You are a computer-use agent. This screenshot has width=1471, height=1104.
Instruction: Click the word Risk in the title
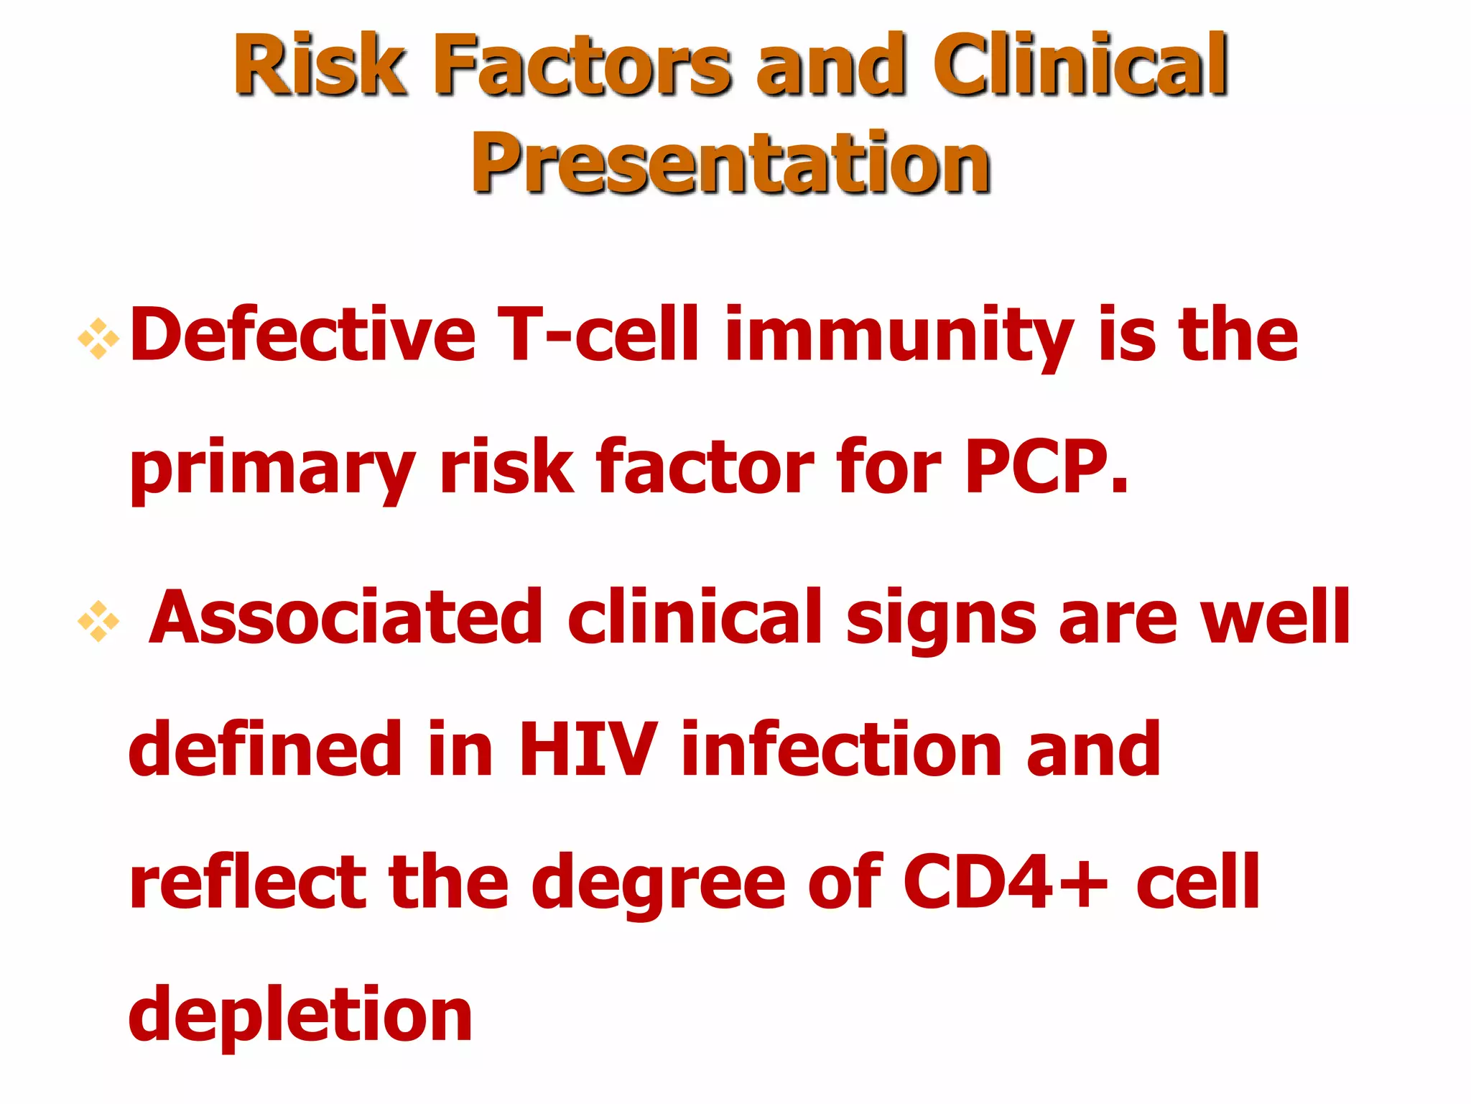[x=320, y=65]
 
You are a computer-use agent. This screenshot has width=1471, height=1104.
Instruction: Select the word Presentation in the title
[x=730, y=164]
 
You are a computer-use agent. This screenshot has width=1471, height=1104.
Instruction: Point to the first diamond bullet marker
[x=98, y=338]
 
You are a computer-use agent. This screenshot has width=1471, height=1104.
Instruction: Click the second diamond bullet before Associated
[x=98, y=620]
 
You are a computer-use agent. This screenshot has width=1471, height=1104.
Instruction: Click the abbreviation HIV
[x=587, y=749]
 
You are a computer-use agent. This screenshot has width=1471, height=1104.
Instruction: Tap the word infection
[x=841, y=749]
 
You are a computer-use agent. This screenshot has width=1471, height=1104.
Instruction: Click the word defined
[x=265, y=749]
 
